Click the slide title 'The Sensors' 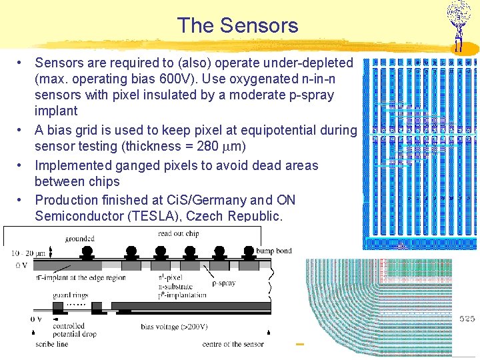click(x=237, y=26)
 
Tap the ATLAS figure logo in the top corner click(x=459, y=24)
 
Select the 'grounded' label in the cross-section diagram click(x=79, y=238)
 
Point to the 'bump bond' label click(x=273, y=251)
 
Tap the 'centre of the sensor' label click(x=233, y=344)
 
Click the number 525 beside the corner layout click(x=467, y=319)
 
